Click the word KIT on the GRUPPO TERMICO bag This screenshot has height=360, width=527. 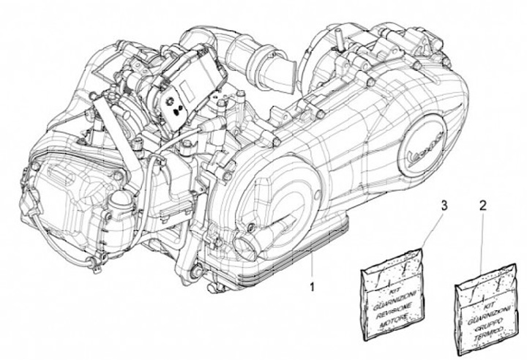(x=479, y=299)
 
